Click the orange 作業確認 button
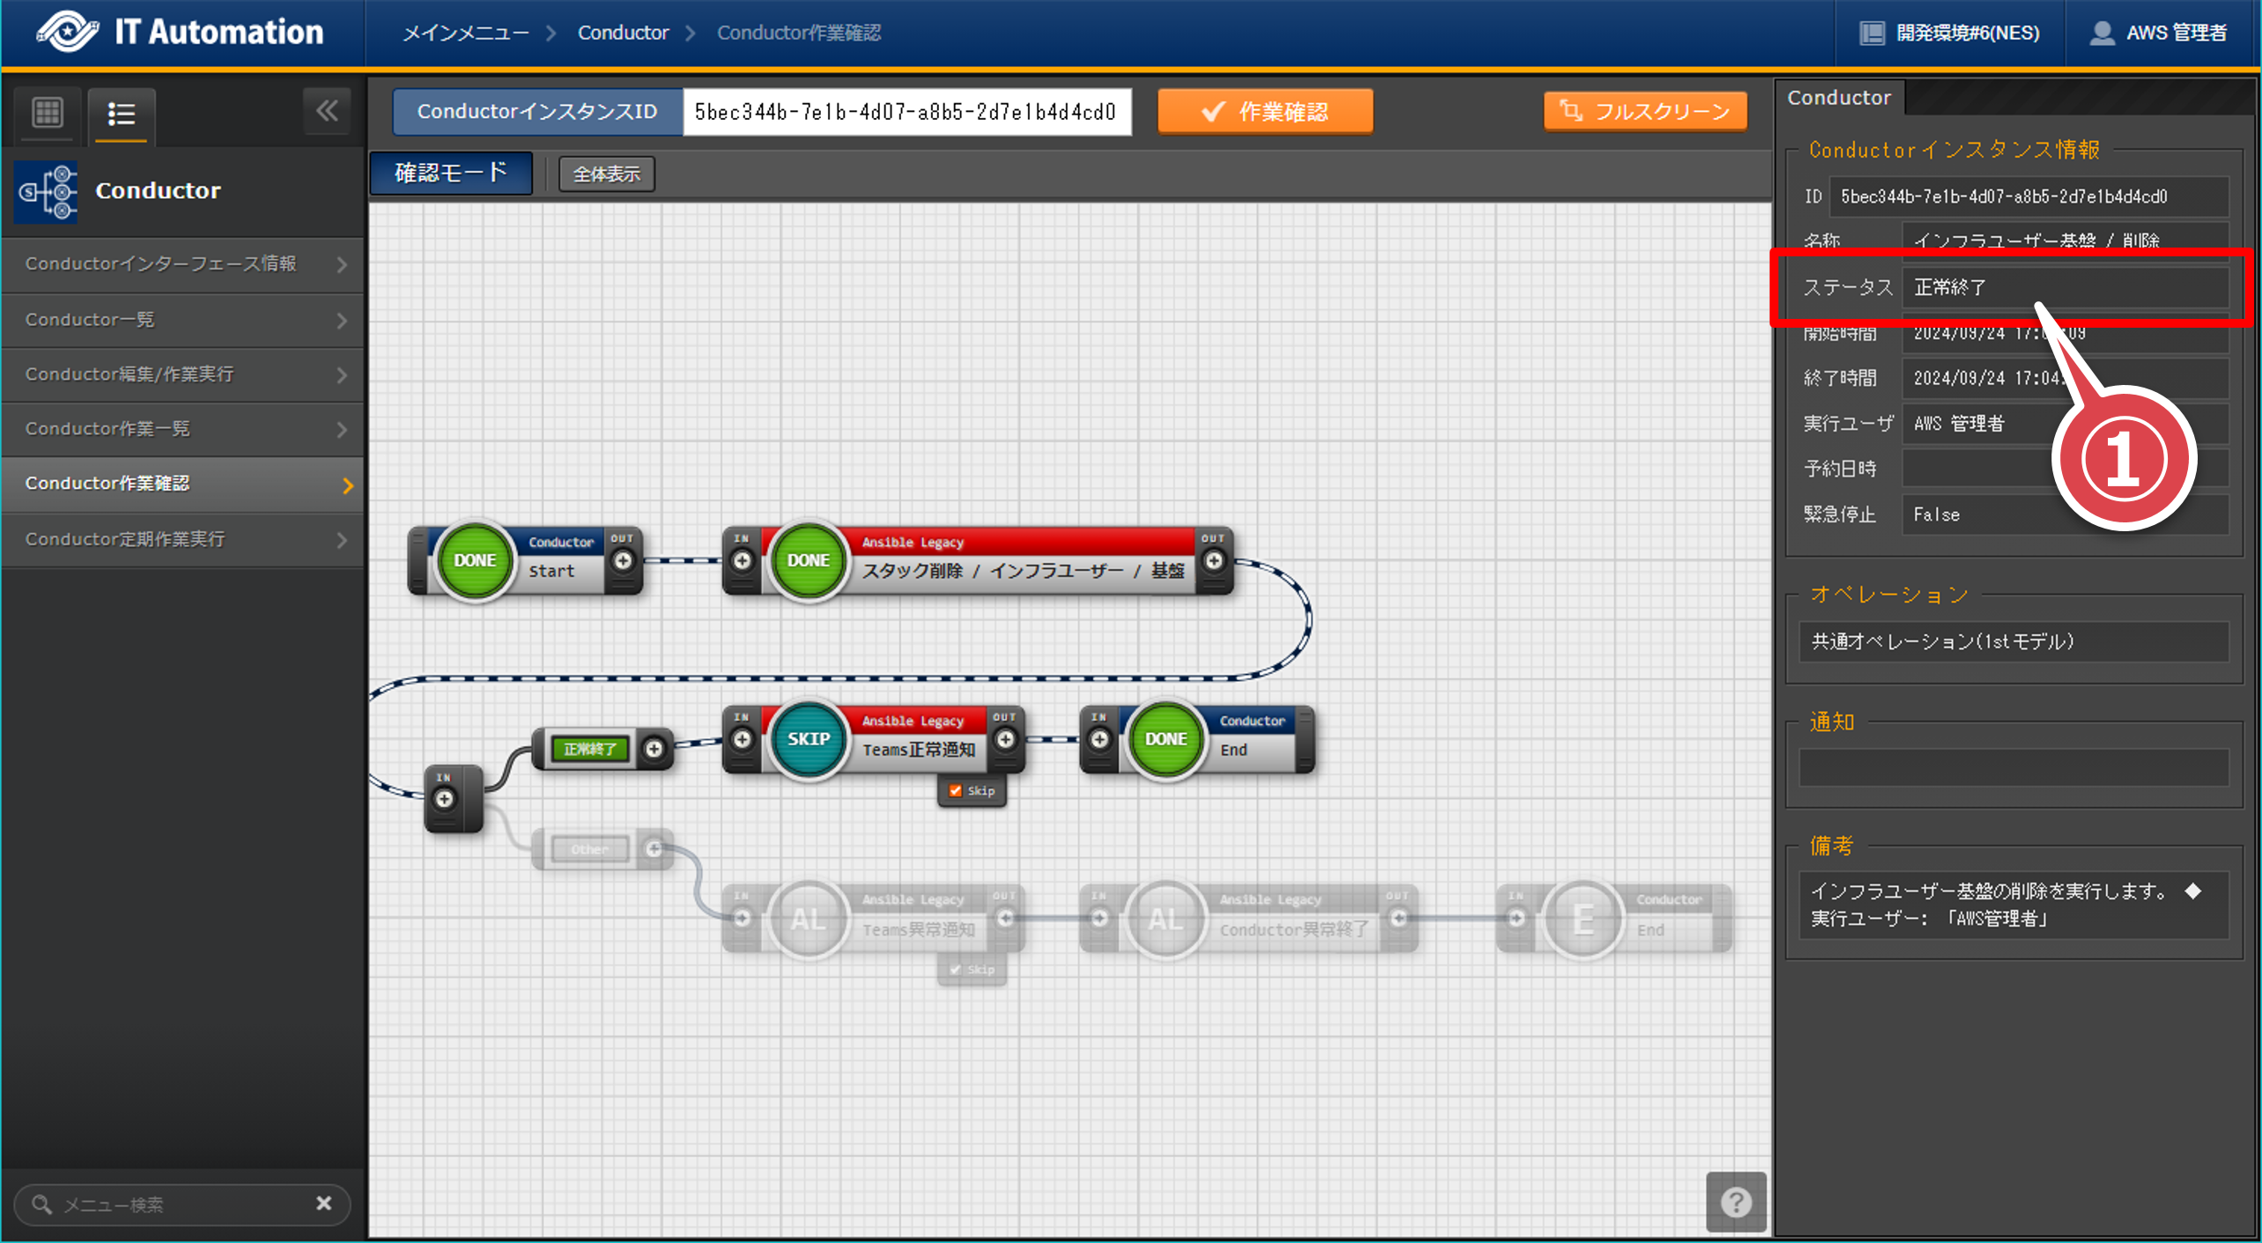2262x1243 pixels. pyautogui.click(x=1265, y=112)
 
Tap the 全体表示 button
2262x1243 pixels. pyautogui.click(x=606, y=174)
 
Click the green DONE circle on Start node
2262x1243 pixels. pyautogui.click(x=475, y=560)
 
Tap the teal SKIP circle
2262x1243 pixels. pyautogui.click(x=808, y=739)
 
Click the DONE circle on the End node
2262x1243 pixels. pyautogui.click(x=1165, y=739)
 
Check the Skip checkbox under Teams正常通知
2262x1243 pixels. pyautogui.click(x=956, y=791)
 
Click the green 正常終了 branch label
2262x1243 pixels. pyautogui.click(x=590, y=750)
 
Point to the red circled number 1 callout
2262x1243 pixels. pyautogui.click(x=2123, y=458)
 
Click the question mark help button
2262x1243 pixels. pyautogui.click(x=1735, y=1202)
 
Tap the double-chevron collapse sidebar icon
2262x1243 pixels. pyautogui.click(x=327, y=112)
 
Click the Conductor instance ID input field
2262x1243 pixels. pyautogui.click(x=906, y=112)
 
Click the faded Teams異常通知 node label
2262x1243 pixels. pyautogui.click(x=918, y=930)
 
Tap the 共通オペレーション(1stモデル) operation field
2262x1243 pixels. pyautogui.click(x=2013, y=641)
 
